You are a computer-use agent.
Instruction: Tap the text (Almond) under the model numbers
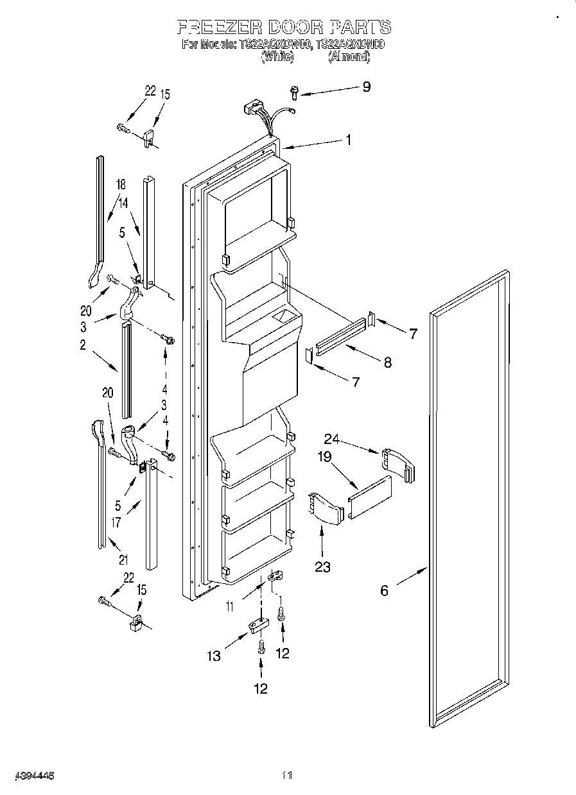pyautogui.click(x=349, y=56)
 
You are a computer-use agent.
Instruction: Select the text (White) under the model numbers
pyautogui.click(x=277, y=56)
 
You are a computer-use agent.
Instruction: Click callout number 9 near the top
pyautogui.click(x=366, y=87)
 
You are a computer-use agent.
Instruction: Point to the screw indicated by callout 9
pyautogui.click(x=294, y=93)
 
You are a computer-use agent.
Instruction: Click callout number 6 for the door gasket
pyautogui.click(x=384, y=590)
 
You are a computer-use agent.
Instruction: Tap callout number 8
pyautogui.click(x=387, y=362)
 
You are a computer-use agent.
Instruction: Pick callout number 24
pyautogui.click(x=331, y=440)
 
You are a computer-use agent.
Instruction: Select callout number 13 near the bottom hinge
pyautogui.click(x=213, y=655)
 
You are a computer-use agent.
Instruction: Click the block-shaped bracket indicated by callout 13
pyautogui.click(x=257, y=624)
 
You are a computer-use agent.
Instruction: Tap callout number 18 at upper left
pyautogui.click(x=120, y=185)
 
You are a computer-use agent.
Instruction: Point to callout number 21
pyautogui.click(x=123, y=560)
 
